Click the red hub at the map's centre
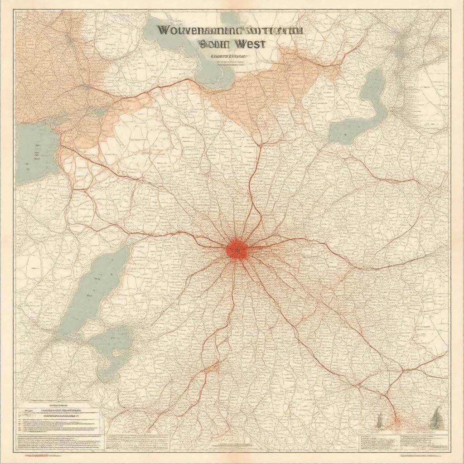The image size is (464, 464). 237,250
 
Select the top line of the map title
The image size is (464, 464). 230,31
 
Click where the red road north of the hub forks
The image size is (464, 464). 261,145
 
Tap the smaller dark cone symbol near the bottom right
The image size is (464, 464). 379,420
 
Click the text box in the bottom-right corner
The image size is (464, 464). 403,441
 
